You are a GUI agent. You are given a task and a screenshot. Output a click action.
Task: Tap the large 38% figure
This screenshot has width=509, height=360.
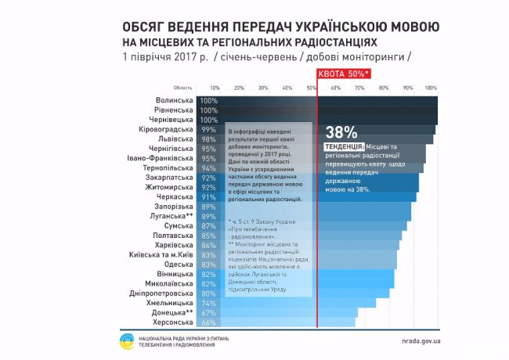coord(341,131)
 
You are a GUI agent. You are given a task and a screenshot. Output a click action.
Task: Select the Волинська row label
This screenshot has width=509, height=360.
coord(175,101)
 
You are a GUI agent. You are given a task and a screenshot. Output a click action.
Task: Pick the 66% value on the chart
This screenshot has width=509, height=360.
coord(208,322)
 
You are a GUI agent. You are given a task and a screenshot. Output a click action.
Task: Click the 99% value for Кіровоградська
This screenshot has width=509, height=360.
coord(208,129)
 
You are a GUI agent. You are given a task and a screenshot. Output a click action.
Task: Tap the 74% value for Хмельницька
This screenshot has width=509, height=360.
coord(208,303)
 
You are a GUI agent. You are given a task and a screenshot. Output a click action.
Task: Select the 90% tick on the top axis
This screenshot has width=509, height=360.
coord(407,88)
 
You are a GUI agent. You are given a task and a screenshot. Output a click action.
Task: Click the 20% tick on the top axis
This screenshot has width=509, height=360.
coord(239,88)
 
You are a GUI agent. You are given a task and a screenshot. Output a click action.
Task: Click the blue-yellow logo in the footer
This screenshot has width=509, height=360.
coord(126,341)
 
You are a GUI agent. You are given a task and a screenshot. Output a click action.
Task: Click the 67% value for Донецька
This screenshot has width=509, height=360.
coord(208,312)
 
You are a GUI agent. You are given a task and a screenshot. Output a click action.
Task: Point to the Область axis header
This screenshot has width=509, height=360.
coord(182,88)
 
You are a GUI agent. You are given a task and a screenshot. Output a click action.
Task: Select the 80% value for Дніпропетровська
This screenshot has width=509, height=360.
coord(208,293)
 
